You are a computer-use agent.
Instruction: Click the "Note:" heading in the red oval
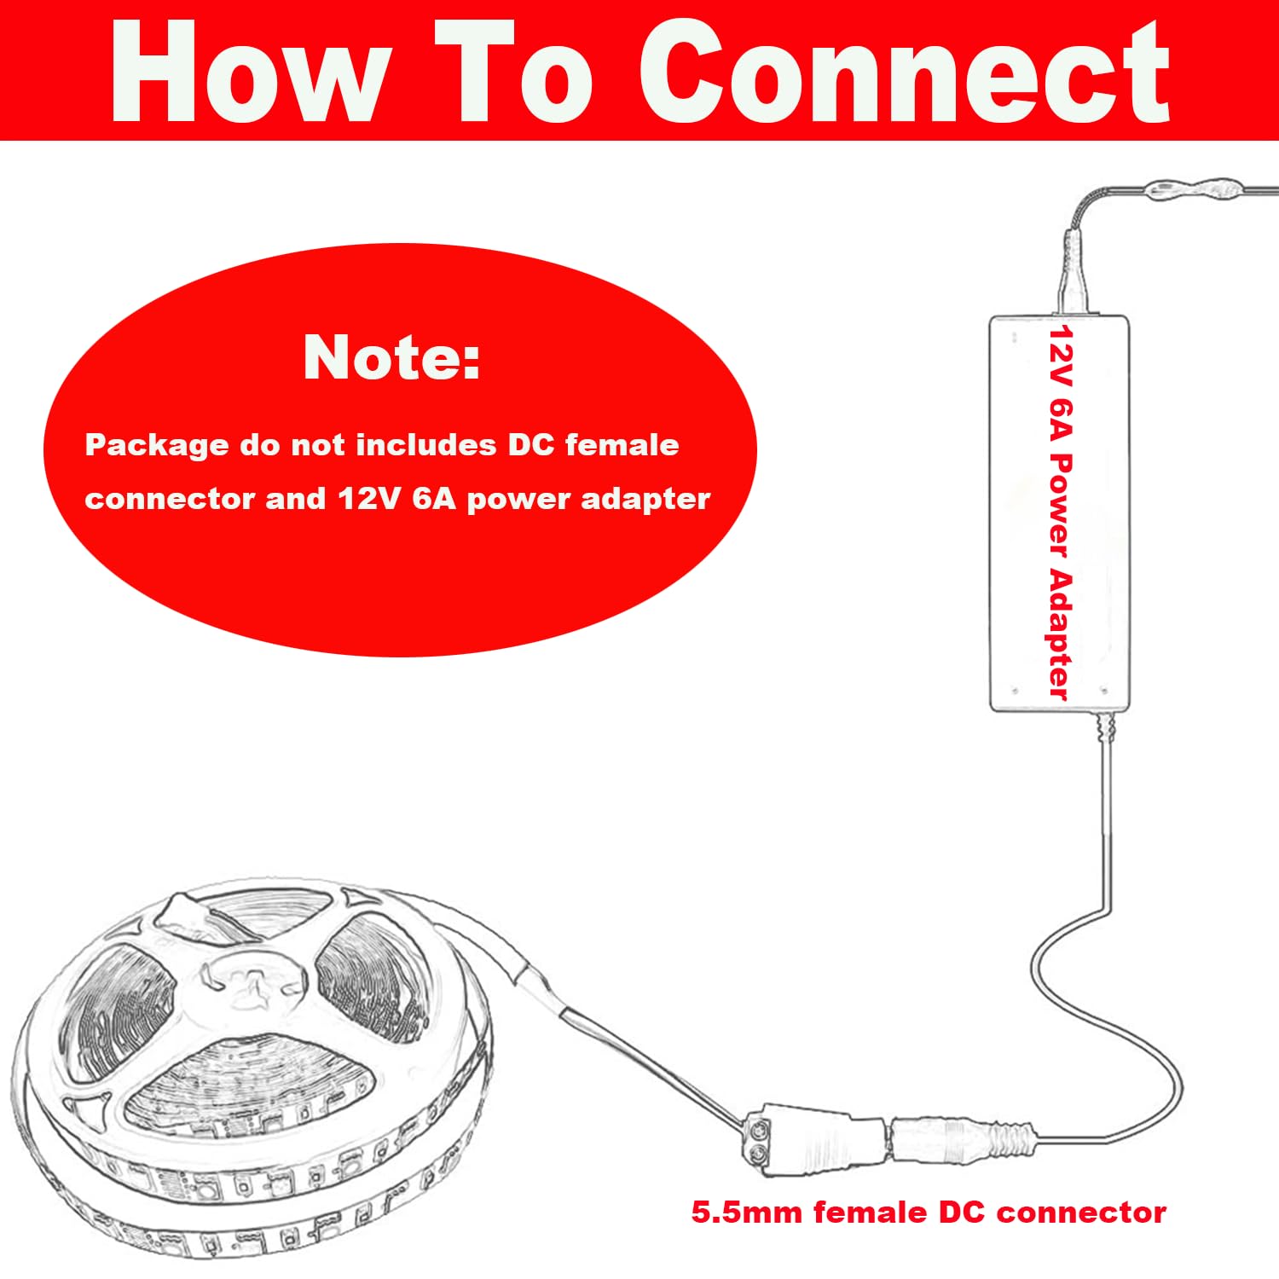[x=391, y=357]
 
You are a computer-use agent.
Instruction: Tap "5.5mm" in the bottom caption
[x=746, y=1212]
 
